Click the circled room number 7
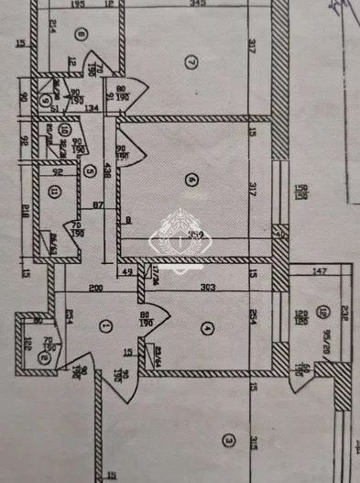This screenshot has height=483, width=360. [191, 62]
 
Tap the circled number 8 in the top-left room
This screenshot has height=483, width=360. [82, 36]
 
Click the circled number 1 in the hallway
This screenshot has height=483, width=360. [105, 324]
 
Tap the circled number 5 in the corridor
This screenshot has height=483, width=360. [90, 170]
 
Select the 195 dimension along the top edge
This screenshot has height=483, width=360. [79, 6]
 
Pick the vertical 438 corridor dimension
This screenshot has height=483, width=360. [107, 170]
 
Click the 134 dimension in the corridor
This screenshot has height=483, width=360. [91, 108]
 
